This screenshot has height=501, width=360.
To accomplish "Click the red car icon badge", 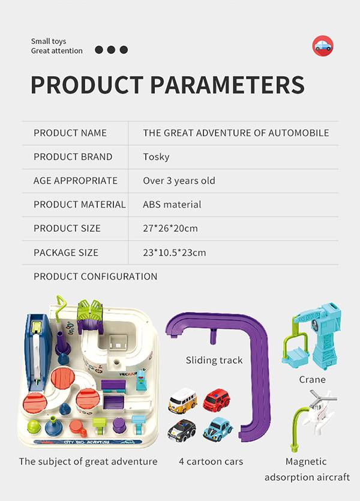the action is [323, 46].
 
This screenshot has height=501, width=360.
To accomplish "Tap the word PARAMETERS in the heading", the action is [227, 85].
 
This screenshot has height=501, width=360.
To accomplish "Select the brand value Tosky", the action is [156, 157].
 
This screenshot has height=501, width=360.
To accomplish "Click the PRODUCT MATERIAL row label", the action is [80, 205].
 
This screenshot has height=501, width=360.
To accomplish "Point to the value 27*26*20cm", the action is [170, 229].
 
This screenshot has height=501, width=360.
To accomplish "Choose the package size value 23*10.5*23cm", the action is [175, 253].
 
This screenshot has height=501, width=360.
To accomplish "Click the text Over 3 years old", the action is [179, 181].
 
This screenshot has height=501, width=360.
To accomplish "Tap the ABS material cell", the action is [172, 205].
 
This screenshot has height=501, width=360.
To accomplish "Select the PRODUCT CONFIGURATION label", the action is [95, 277].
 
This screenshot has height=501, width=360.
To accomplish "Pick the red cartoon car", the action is [217, 400].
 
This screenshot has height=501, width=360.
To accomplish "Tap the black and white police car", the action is [182, 430].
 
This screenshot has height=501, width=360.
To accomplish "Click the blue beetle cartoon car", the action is [218, 428].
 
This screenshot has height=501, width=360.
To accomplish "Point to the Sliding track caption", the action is [214, 361].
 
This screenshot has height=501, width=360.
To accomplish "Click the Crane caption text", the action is [312, 380].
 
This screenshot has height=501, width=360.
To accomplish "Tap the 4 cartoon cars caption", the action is [211, 461].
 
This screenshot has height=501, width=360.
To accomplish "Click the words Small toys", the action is [49, 41].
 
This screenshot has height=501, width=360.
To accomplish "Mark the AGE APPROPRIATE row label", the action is [76, 181].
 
